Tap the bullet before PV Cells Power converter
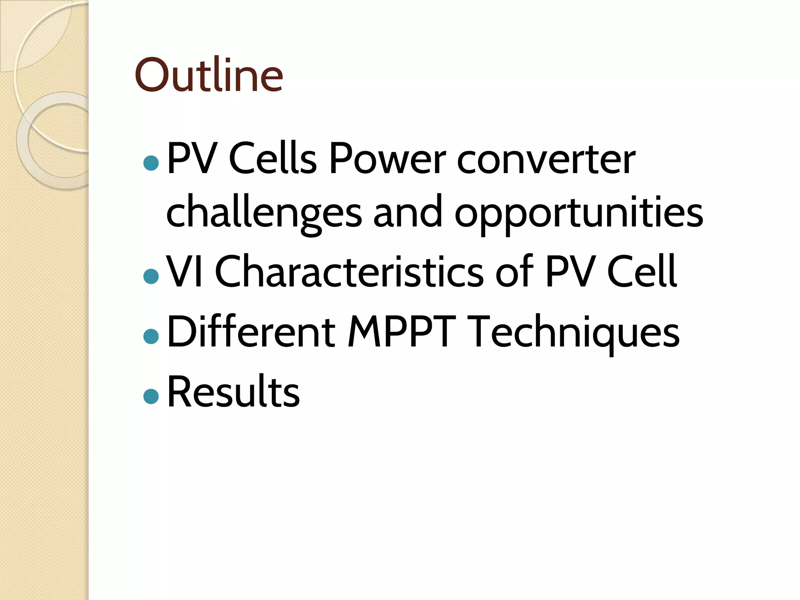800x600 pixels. (x=151, y=163)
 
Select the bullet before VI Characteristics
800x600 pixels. (x=151, y=276)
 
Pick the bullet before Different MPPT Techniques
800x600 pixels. (x=151, y=336)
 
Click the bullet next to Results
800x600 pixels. (x=151, y=396)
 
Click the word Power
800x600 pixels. (x=387, y=159)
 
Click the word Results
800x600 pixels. (x=233, y=391)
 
